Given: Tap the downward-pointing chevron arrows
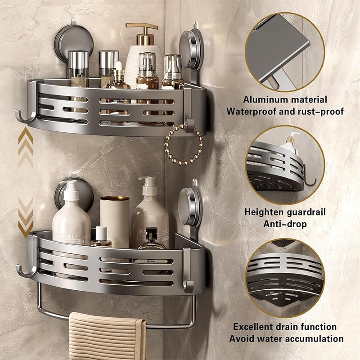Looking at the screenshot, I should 25,218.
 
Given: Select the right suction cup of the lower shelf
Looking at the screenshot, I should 190,207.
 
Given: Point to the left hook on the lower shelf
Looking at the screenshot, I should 25,270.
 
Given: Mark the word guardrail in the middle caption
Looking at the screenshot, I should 305,211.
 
